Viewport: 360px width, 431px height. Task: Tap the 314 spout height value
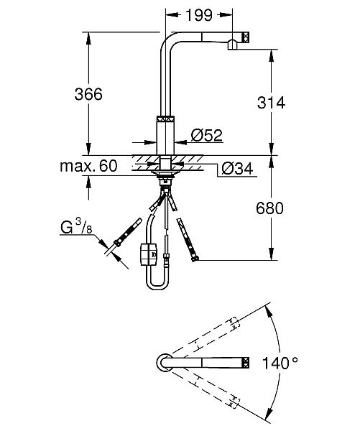point(271,103)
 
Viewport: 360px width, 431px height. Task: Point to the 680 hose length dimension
point(271,208)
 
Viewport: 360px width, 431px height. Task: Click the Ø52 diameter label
point(206,134)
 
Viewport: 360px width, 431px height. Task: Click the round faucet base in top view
point(163,363)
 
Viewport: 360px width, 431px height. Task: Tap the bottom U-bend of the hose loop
point(159,287)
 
